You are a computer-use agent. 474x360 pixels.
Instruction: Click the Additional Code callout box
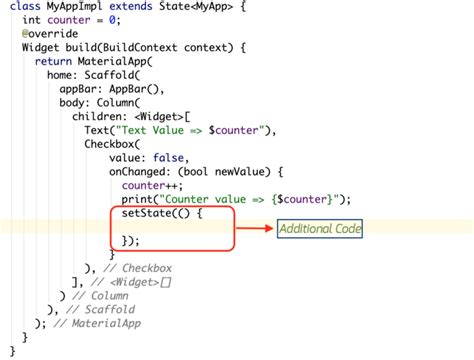[320, 229]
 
